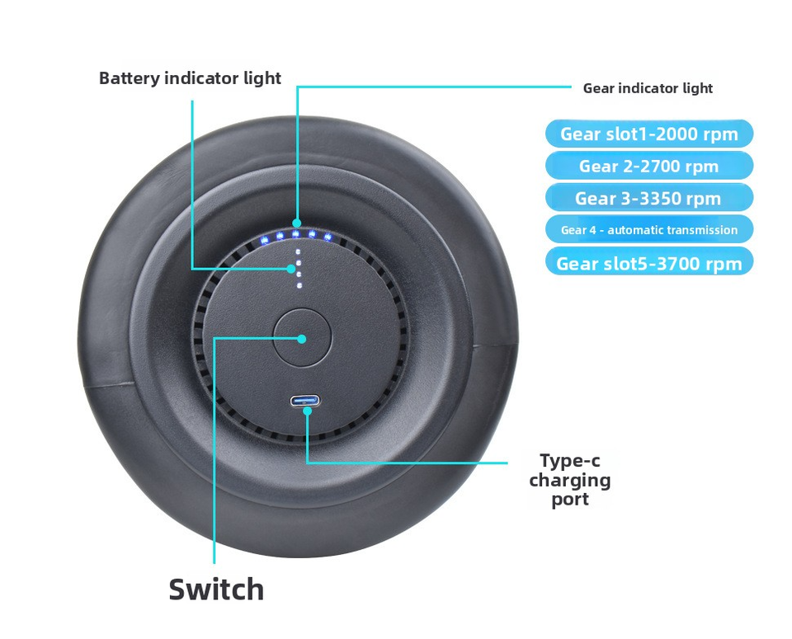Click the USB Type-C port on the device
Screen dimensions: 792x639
tap(304, 402)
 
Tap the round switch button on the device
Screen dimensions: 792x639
tap(302, 338)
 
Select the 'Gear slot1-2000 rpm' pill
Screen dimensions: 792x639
tap(648, 134)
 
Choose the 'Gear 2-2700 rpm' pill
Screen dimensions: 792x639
tap(648, 166)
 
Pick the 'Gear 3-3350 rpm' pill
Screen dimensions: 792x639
tap(648, 198)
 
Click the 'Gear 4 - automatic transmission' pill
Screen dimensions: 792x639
tap(648, 230)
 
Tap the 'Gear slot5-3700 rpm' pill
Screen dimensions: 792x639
tap(648, 263)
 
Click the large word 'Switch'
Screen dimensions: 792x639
tap(216, 590)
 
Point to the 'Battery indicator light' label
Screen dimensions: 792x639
tap(190, 78)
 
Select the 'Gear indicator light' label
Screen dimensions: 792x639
tap(648, 88)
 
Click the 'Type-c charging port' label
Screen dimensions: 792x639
tap(570, 479)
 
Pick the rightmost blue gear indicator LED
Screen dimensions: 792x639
tap(328, 238)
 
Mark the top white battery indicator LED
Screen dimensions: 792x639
tap(297, 251)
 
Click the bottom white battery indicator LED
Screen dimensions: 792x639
tap(299, 285)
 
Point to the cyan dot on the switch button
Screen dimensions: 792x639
tap(302, 338)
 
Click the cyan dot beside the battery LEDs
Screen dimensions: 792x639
tap(290, 268)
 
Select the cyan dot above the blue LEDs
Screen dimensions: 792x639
tap(297, 222)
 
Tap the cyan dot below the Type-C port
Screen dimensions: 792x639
tap(307, 411)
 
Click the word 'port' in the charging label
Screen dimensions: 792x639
tap(570, 500)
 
